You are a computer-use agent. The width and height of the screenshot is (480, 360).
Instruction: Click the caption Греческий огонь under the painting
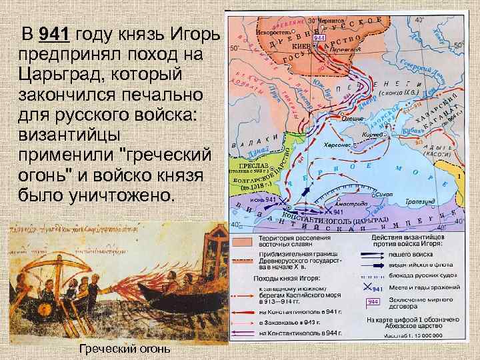(x=125, y=349)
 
